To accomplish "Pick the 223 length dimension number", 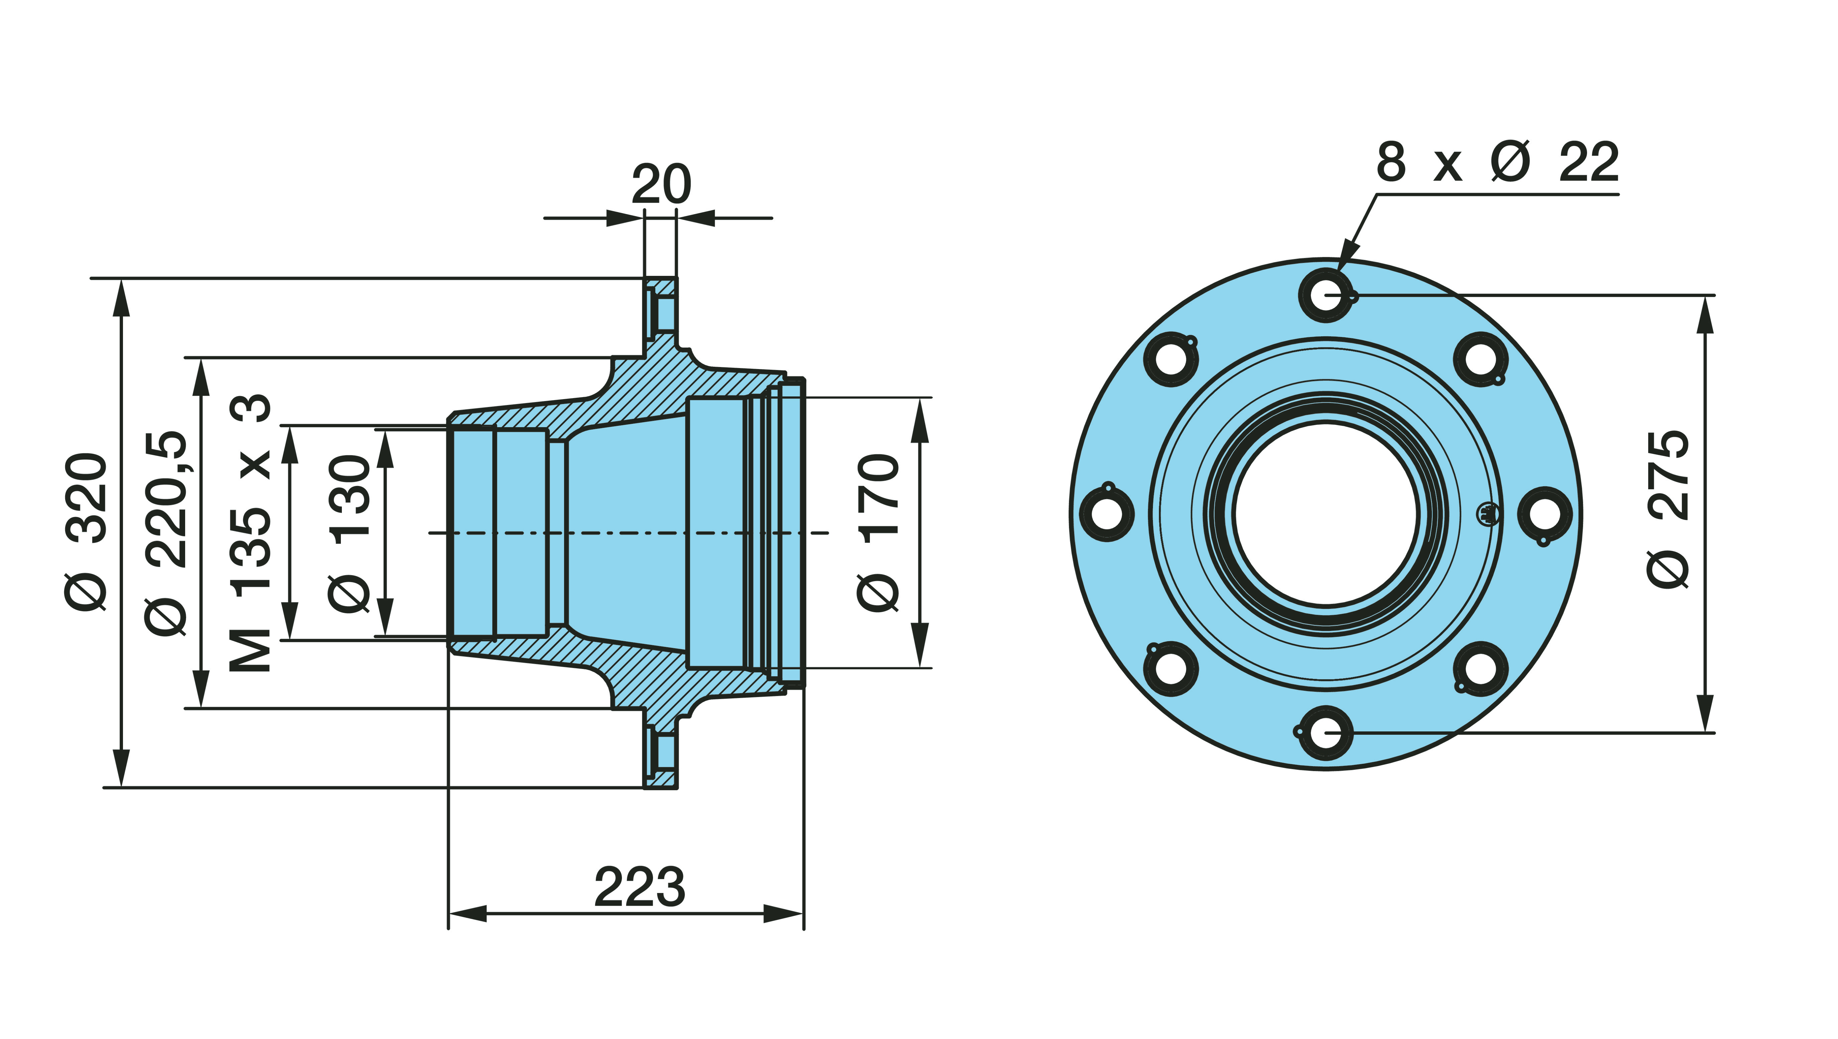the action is [x=640, y=887].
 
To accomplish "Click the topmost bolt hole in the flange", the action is [x=1326, y=294].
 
